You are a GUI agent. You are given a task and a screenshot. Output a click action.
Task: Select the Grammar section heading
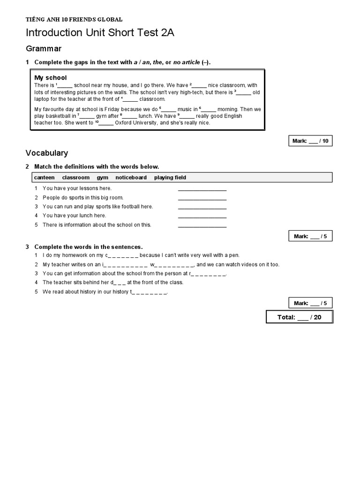[x=44, y=49]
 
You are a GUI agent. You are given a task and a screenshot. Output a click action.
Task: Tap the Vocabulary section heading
[x=46, y=153]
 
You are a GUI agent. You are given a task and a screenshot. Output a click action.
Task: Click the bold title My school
[x=51, y=78]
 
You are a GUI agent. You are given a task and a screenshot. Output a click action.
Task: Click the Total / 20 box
[x=299, y=317]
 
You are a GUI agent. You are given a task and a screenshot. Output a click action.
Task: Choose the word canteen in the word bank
[x=44, y=178]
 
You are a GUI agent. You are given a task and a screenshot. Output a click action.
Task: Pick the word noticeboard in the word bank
[x=131, y=178]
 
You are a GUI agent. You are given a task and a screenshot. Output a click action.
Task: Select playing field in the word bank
[x=170, y=178]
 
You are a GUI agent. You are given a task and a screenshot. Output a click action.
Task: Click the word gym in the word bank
[x=102, y=178]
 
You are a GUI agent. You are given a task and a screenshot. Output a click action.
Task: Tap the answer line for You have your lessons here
[x=202, y=189]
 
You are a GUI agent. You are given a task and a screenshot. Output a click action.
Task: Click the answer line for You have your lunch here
[x=202, y=216]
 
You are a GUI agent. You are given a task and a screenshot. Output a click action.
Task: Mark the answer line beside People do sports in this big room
[x=202, y=198]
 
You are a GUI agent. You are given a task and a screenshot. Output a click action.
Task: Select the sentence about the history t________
[x=105, y=292]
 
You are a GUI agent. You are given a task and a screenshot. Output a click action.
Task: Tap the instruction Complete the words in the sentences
[x=88, y=247]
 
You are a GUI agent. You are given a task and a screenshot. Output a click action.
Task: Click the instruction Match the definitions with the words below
[x=97, y=167]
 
